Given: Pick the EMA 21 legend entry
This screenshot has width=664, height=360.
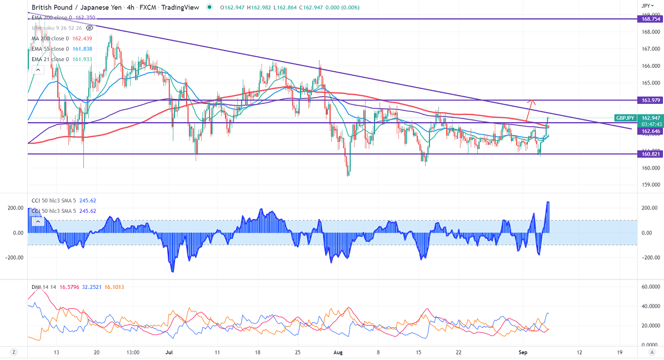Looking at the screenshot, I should tap(50, 59).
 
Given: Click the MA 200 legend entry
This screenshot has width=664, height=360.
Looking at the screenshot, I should tap(49, 38).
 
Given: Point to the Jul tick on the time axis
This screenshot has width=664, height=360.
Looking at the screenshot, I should tap(168, 352).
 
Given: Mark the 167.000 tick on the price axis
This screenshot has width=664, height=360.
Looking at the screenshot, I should tap(650, 49).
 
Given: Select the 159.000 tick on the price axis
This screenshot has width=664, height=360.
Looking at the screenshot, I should tap(650, 184).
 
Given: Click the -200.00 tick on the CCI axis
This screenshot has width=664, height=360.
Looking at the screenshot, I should tap(648, 258).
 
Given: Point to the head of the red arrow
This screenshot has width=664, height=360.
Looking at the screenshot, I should tap(532, 100).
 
